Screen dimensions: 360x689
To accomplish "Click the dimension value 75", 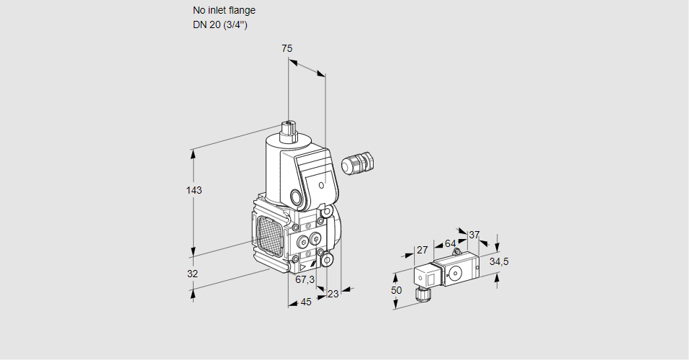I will point(287,48).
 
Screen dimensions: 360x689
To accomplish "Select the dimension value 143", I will point(194,190).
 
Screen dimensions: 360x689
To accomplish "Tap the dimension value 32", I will point(192,274).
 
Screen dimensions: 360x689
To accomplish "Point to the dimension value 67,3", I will point(305,279).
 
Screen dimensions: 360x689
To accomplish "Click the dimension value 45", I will point(306,302).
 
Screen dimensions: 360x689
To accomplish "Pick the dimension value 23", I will point(333,294).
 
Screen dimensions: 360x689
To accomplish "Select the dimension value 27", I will point(423,250).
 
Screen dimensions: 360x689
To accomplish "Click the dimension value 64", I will point(450,243).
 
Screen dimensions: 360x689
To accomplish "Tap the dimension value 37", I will point(474,235).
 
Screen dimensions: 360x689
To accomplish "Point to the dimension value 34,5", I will point(499,261).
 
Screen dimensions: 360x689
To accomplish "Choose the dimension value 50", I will point(396,289).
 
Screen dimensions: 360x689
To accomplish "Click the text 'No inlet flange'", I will point(224,11).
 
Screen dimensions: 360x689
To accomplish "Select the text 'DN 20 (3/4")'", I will point(220,24).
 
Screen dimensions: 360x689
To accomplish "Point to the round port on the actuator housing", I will point(296,197).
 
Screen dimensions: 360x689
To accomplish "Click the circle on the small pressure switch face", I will point(455,273).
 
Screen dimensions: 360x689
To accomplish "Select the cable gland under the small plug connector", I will point(421,293).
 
